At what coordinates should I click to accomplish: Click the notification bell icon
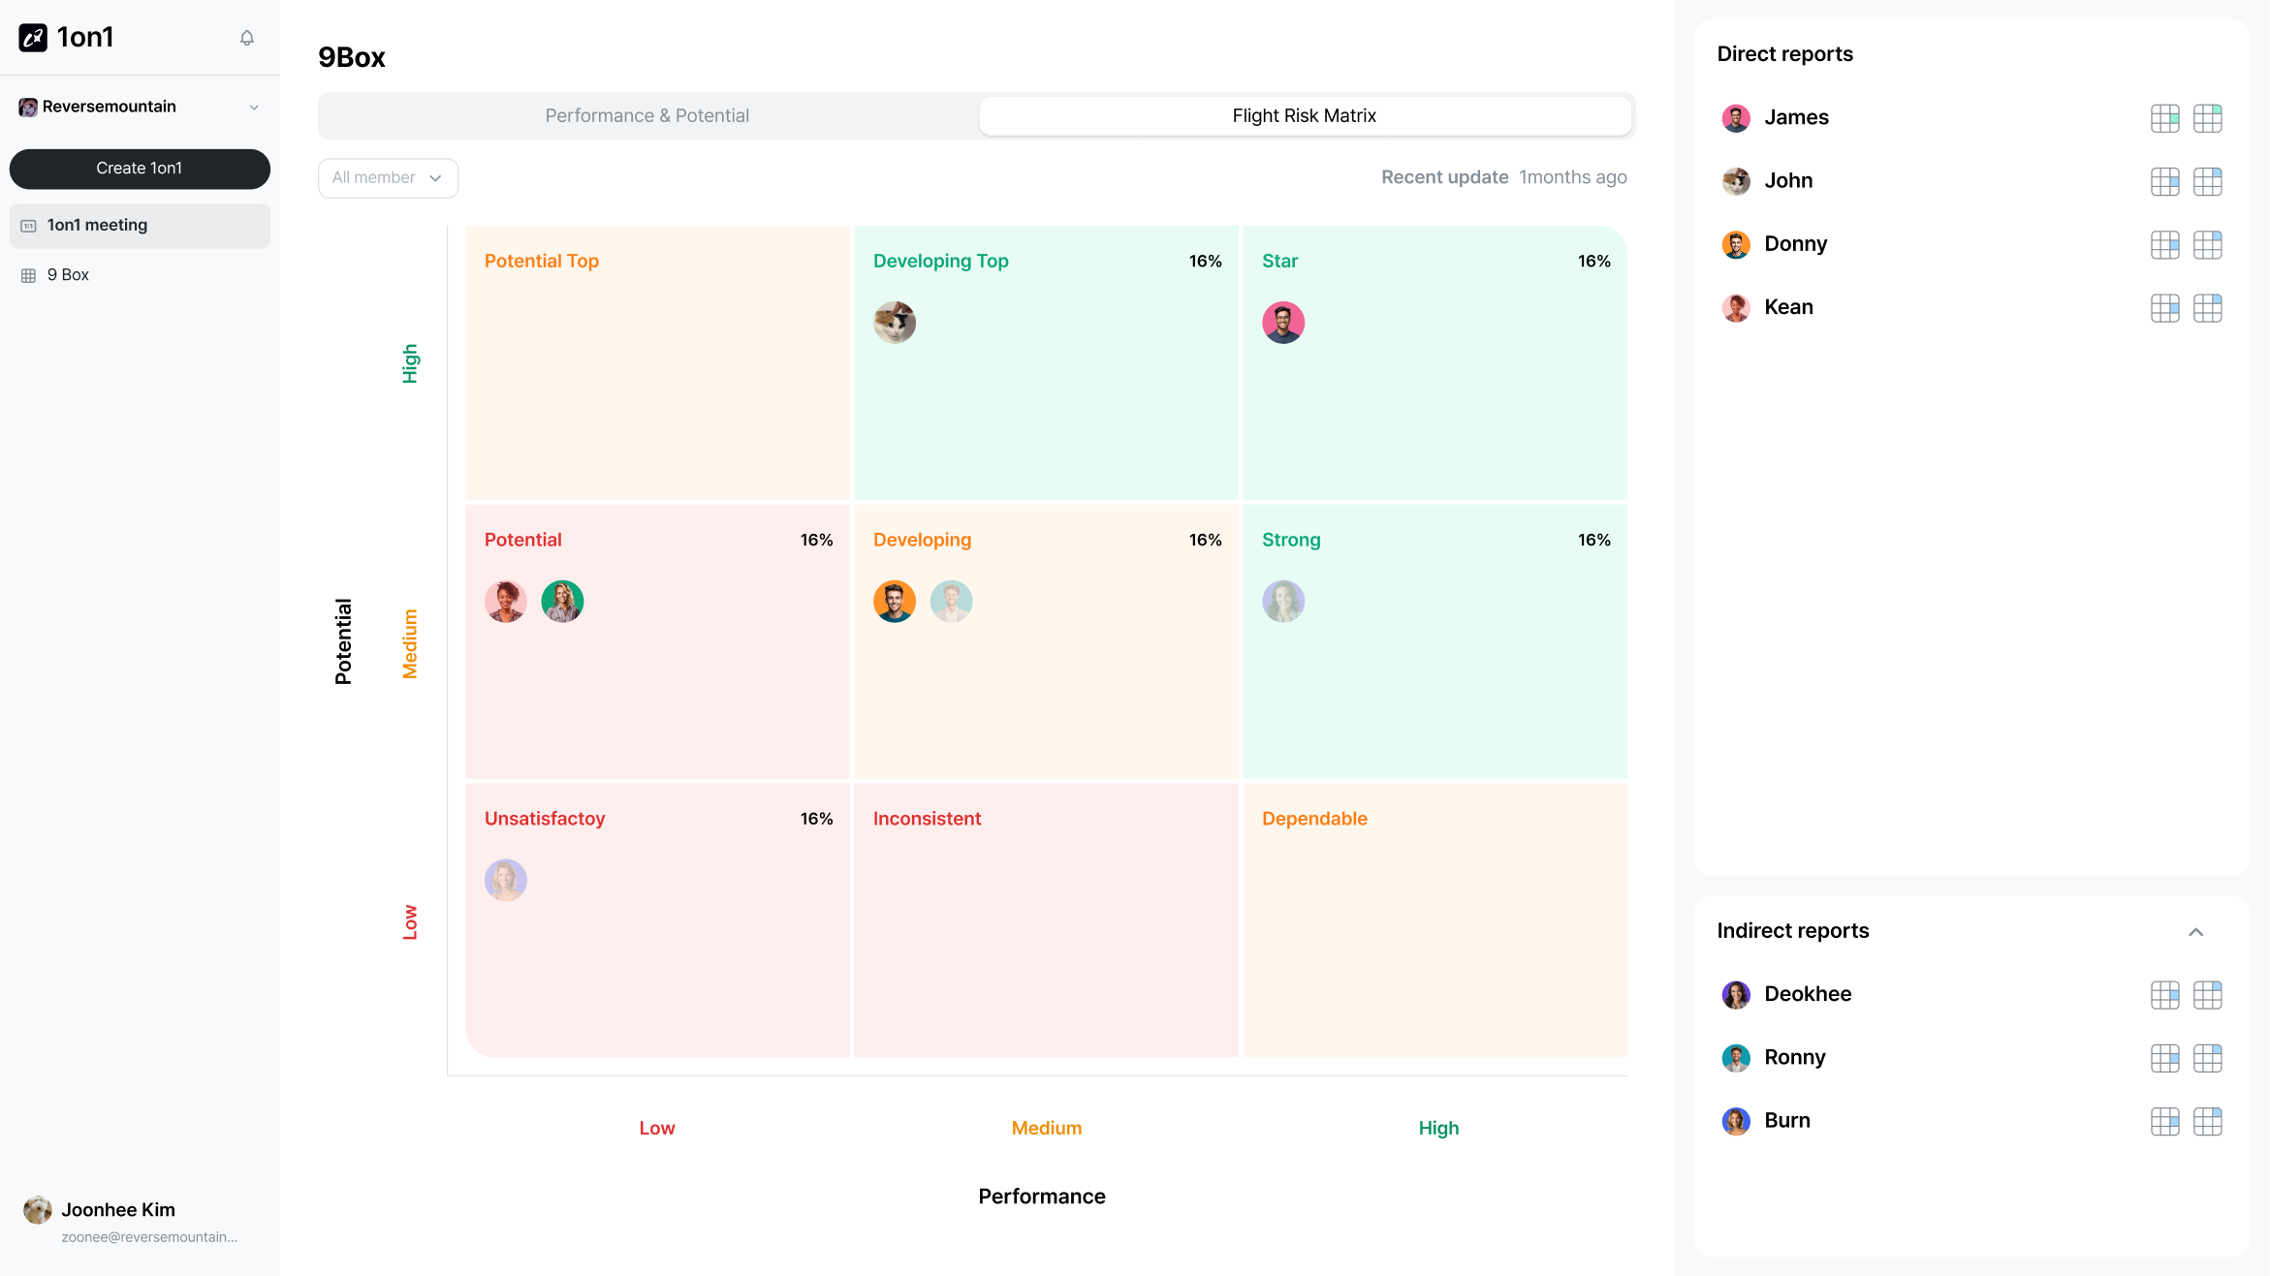(x=247, y=38)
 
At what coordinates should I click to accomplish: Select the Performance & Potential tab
(x=647, y=116)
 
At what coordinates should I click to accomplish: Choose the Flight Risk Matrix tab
(x=1304, y=116)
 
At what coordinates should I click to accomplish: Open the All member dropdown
(x=388, y=178)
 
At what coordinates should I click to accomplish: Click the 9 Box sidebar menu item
(x=68, y=275)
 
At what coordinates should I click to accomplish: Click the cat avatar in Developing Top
(x=895, y=323)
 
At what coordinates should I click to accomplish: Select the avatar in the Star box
(x=1283, y=323)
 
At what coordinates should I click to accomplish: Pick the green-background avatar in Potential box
(x=562, y=602)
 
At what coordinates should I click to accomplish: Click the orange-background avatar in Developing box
(x=895, y=602)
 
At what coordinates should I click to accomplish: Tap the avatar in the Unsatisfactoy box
(x=506, y=881)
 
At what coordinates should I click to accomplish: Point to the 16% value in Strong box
(x=1593, y=541)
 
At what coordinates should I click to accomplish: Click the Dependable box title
(x=1314, y=819)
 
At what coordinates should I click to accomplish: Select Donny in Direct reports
(x=1795, y=244)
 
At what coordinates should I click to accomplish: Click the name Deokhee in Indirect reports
(x=1808, y=994)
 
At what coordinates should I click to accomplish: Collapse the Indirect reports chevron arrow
(x=2195, y=932)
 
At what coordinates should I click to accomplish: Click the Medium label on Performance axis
(x=1046, y=1129)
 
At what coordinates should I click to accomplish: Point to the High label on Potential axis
(x=410, y=363)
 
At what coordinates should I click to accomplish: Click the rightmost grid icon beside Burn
(x=2207, y=1122)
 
